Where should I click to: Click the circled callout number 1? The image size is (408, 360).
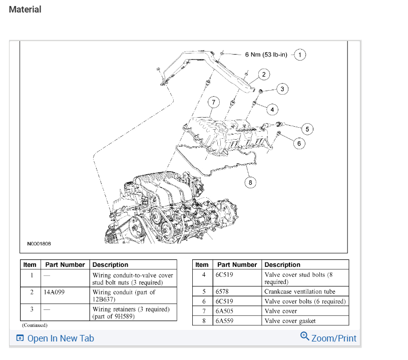(x=300, y=54)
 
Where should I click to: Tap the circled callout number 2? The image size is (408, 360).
(x=264, y=75)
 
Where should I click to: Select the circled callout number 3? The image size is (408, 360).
(x=282, y=89)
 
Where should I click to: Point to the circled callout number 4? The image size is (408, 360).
(x=272, y=109)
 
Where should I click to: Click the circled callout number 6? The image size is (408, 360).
(x=299, y=144)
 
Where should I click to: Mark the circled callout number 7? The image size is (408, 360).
(x=214, y=102)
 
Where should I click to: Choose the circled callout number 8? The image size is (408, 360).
(x=251, y=182)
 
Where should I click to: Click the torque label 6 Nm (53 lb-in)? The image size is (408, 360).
(x=266, y=54)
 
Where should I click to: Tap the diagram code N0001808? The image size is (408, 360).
(x=39, y=244)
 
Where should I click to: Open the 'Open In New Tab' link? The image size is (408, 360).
(x=55, y=338)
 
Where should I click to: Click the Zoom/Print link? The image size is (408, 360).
(x=328, y=338)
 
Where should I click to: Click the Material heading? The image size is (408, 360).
(x=25, y=9)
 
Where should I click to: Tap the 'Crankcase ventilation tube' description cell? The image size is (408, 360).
(x=300, y=291)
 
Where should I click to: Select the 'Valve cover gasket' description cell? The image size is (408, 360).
(x=290, y=321)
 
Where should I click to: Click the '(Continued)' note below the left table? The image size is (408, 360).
(x=35, y=325)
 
